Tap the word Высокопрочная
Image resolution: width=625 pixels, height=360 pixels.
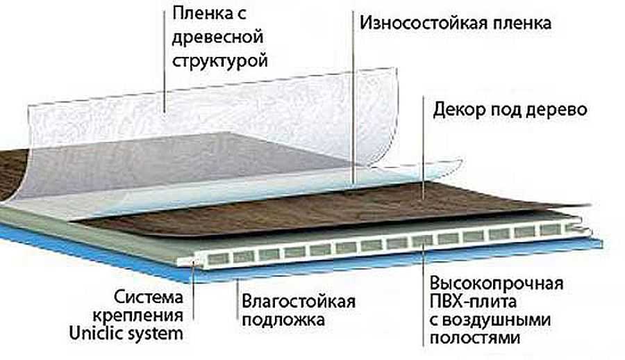pyautogui.click(x=495, y=285)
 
